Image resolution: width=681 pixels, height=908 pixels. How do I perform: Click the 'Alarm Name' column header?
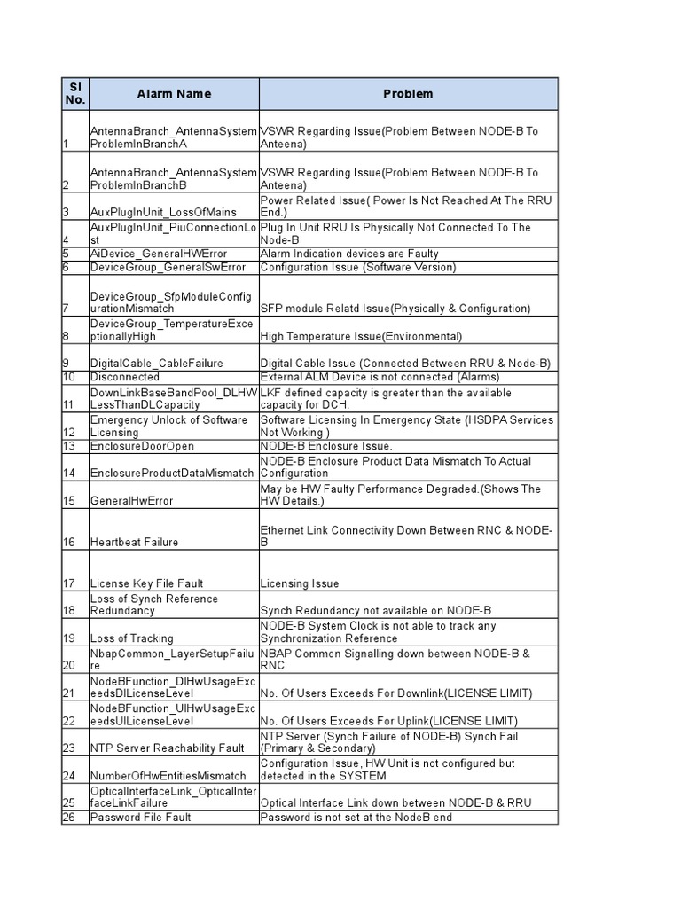[x=174, y=94]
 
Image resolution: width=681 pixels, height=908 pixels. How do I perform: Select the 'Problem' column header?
[x=408, y=94]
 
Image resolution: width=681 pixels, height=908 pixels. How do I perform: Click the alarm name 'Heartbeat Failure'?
[x=134, y=542]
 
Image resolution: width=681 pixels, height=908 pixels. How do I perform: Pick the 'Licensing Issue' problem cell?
[x=300, y=583]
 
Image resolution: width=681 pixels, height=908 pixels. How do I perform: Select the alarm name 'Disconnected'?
[x=125, y=377]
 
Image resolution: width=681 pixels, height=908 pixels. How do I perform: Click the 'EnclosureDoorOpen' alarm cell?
[x=142, y=446]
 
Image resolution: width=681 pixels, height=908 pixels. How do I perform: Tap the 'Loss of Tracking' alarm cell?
[x=132, y=638]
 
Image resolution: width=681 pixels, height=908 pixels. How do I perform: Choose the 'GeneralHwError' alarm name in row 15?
[x=131, y=501]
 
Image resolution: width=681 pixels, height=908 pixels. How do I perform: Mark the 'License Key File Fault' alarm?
[x=147, y=583]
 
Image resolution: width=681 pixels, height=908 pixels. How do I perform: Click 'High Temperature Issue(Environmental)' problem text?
[x=361, y=337]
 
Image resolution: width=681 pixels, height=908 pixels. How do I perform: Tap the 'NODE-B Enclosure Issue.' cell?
[x=325, y=446]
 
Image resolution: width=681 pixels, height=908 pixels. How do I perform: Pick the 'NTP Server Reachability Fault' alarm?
[x=167, y=748]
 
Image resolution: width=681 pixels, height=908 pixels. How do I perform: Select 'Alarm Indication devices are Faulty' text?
[x=349, y=254]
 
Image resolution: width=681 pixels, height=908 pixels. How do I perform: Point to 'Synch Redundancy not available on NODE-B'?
[x=375, y=611]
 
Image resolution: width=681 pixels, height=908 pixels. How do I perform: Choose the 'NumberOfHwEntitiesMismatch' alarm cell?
[x=168, y=776]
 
